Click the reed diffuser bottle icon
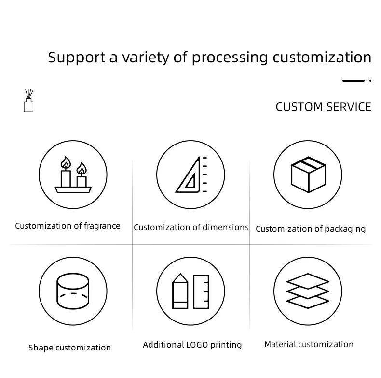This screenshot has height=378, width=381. point(28,102)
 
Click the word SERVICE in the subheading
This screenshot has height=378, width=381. point(349,107)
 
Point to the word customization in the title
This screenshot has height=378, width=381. point(322,57)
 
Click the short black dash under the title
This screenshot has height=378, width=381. point(353,81)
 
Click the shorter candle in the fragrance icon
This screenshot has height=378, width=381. point(82,177)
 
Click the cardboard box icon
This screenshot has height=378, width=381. point(308,174)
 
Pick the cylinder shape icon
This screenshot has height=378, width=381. point(73,291)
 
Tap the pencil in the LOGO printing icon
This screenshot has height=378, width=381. point(180,291)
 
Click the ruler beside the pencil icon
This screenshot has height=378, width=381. point(201,291)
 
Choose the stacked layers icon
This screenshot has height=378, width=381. point(308,291)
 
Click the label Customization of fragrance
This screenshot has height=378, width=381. point(68,226)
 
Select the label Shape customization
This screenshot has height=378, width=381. point(69,348)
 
